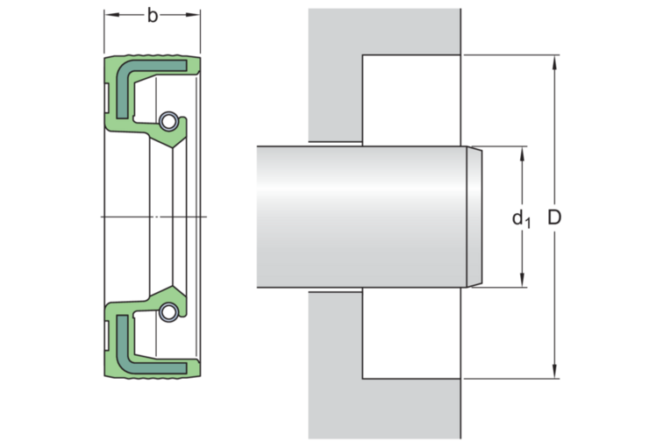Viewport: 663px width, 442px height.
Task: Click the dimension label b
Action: tap(153, 17)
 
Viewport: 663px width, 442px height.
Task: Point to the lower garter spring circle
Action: tap(168, 311)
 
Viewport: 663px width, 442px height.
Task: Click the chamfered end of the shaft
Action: tap(474, 217)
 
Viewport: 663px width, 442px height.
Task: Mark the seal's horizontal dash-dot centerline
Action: tap(153, 216)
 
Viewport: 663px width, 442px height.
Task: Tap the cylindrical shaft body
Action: tap(360, 217)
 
